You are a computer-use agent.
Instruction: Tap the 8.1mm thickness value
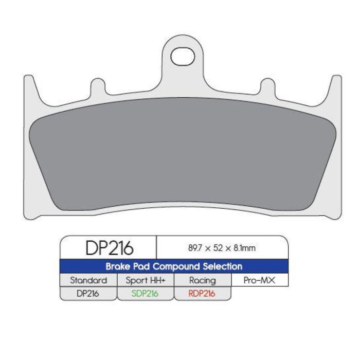coord(244,248)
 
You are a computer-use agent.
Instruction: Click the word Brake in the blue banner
coord(117,267)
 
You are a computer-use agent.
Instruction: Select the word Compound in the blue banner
coord(173,267)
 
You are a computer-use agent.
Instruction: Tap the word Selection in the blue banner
coord(222,267)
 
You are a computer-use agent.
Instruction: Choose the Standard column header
coord(88,280)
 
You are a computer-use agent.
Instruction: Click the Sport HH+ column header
coord(146,280)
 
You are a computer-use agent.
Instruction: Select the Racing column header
coord(202,280)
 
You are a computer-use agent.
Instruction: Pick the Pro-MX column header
coord(259,280)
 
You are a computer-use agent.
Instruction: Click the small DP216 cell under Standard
coord(88,293)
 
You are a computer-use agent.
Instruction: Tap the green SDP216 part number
coord(146,293)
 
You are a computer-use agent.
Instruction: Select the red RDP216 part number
coord(202,293)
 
